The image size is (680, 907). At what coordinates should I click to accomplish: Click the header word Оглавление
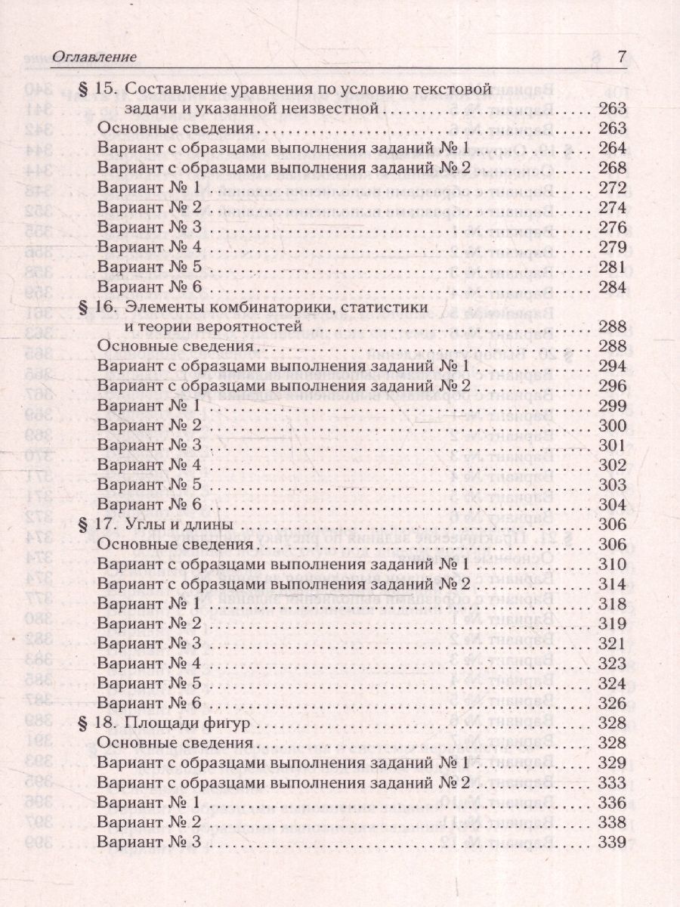coord(94,57)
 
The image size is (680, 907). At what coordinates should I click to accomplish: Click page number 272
coord(611,187)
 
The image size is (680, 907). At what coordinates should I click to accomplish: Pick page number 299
coord(611,406)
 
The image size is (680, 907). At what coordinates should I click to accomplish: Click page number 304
coord(611,505)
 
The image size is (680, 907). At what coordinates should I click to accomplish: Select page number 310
coord(611,564)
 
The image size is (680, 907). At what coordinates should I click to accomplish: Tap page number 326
coord(611,702)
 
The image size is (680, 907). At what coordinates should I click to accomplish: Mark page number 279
coord(611,247)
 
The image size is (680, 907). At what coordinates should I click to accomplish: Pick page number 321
coord(611,643)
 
